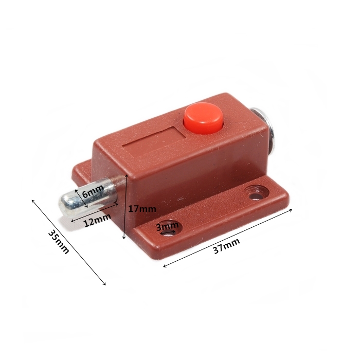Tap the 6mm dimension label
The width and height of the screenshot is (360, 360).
pos(93,191)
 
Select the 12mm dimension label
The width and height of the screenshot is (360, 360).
pos(97,220)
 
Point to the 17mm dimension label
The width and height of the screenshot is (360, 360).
pos(142,209)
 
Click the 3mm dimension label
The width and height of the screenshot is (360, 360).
pos(167,227)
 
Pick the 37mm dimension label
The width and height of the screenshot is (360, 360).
pos(227,246)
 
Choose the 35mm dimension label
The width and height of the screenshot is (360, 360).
pos(59,242)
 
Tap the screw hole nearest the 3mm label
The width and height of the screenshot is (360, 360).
pos(169,228)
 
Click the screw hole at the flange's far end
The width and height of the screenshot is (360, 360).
pos(257,192)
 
